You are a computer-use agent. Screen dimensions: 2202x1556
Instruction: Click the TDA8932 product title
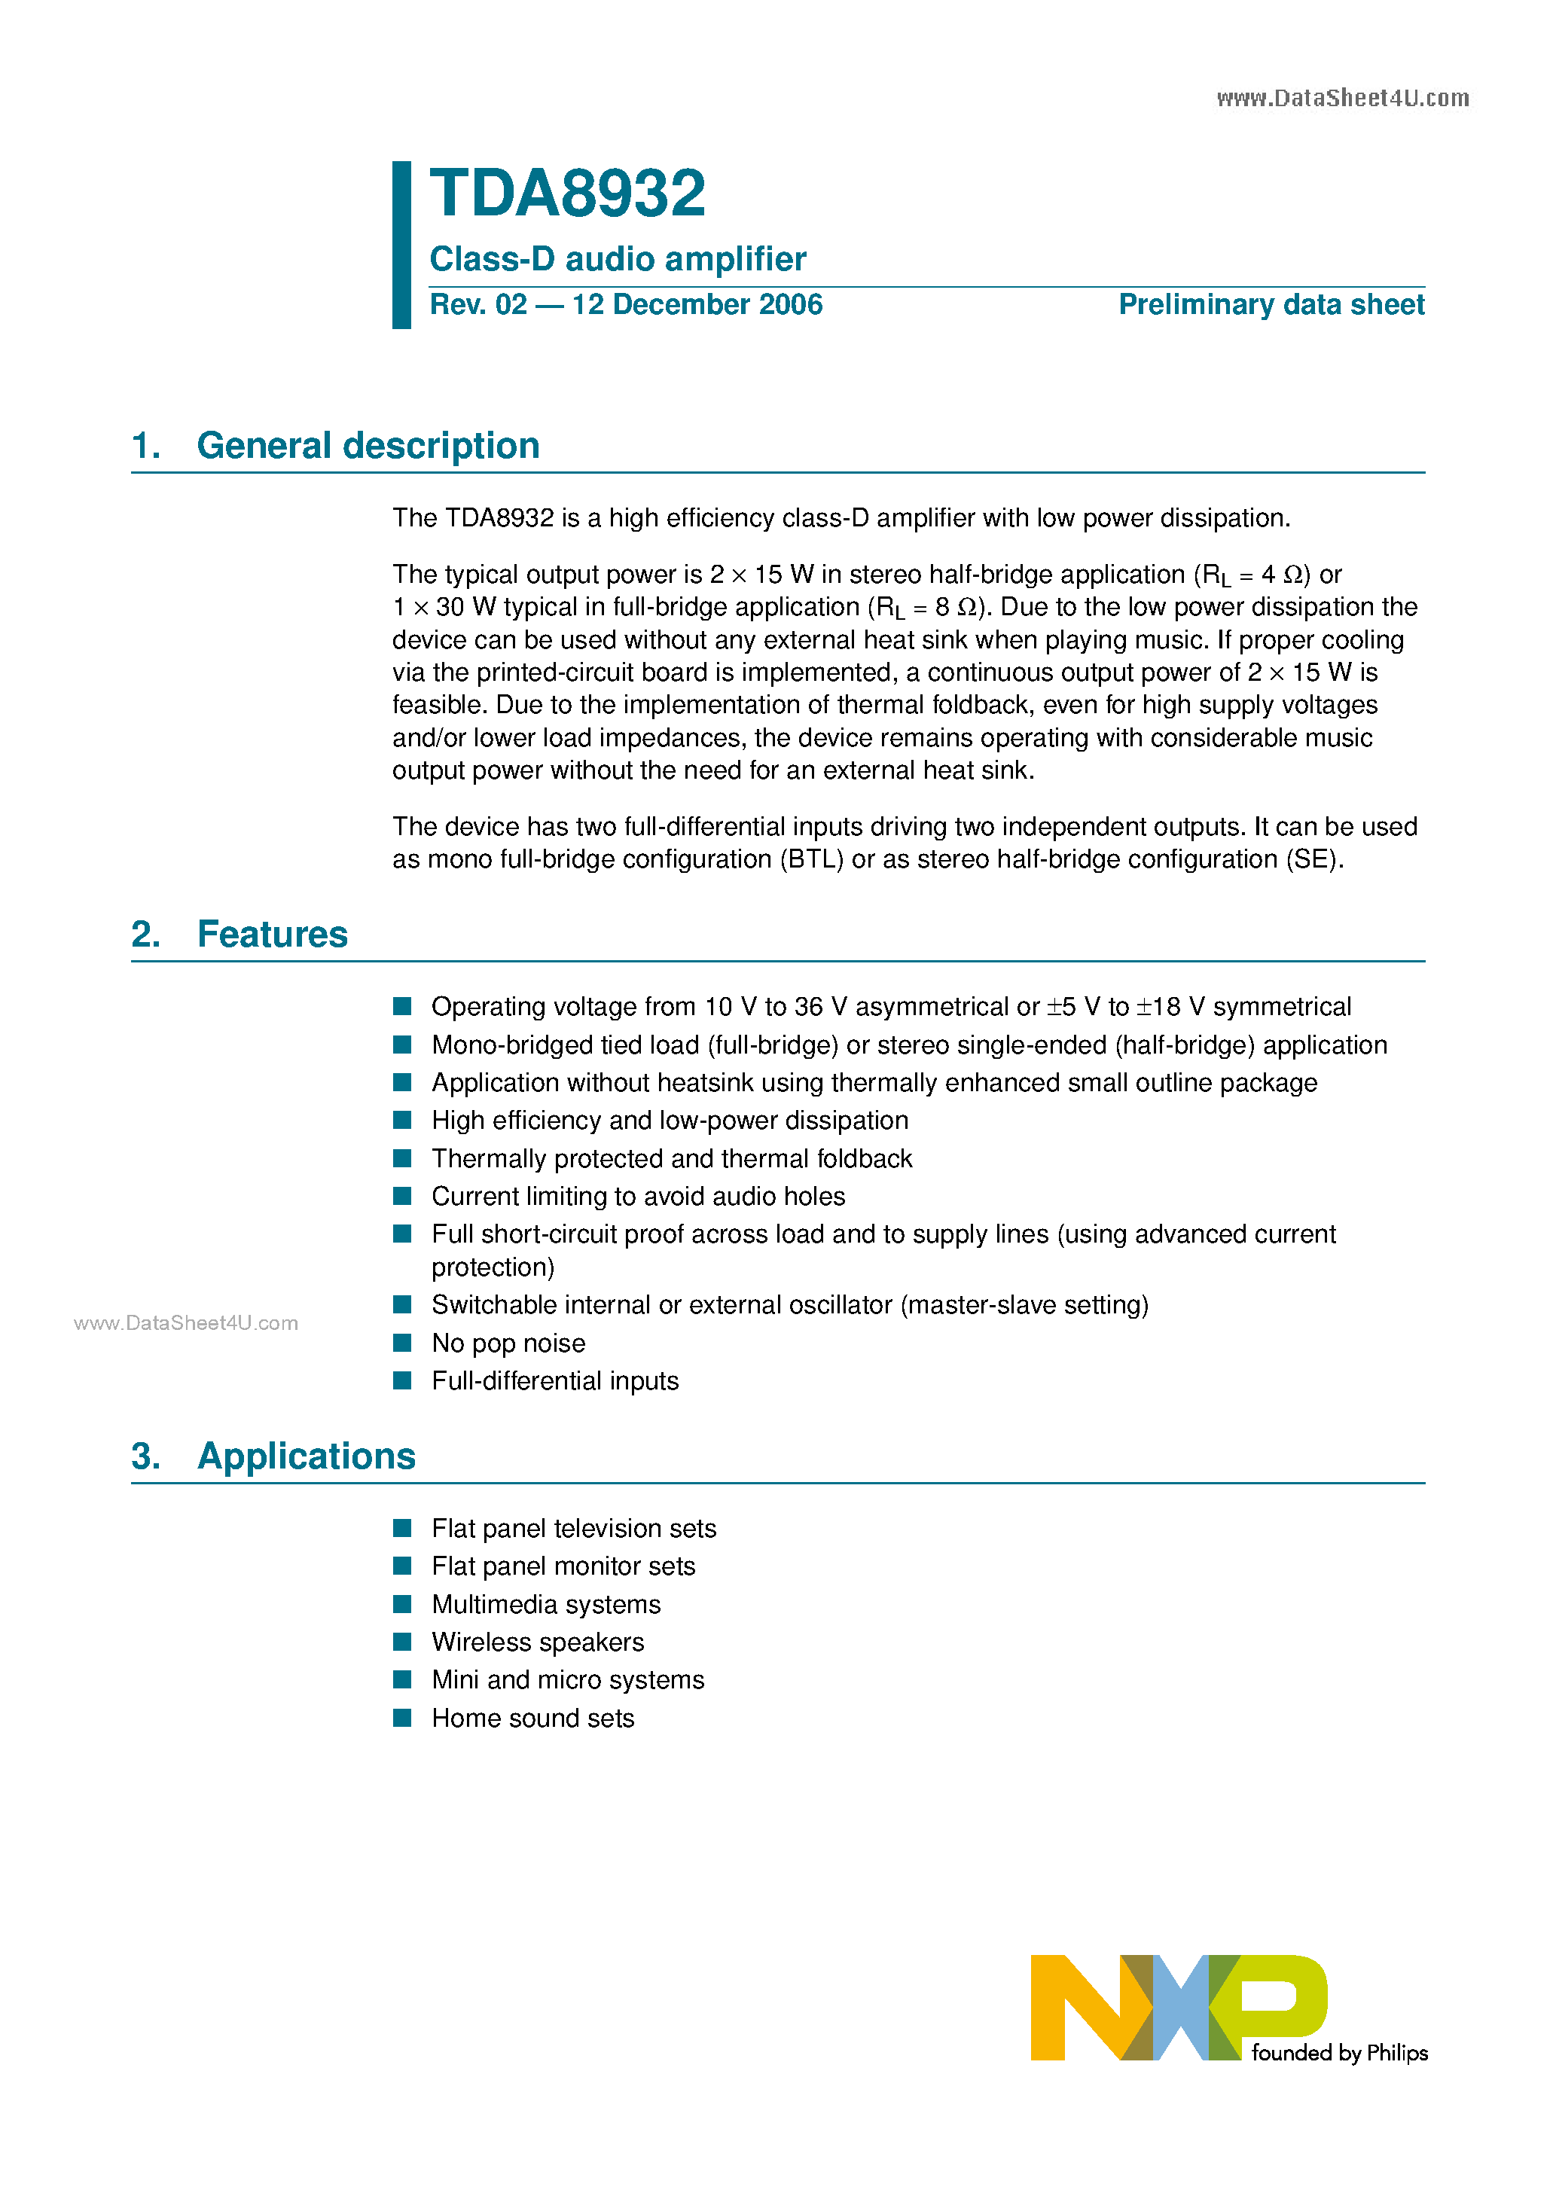click(x=567, y=195)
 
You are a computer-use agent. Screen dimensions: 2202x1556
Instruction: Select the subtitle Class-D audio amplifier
click(x=617, y=259)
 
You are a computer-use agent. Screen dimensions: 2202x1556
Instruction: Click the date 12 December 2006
click(x=697, y=305)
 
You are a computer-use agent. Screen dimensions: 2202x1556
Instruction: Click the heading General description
click(x=368, y=446)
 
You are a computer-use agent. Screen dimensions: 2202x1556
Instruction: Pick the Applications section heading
click(x=306, y=1456)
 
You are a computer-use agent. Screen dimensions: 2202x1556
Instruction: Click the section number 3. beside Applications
click(x=146, y=1456)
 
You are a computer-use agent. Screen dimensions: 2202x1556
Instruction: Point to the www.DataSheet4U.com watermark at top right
click(x=1342, y=99)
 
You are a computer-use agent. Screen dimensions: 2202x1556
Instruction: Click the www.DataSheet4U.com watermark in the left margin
click(x=186, y=1323)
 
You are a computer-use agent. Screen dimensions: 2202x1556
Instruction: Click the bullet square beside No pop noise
click(x=403, y=1343)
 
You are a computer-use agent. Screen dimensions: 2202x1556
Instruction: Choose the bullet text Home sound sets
click(x=532, y=1718)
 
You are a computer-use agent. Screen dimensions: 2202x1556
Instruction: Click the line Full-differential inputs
click(x=554, y=1381)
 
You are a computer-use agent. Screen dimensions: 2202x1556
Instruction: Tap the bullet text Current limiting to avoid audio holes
click(x=638, y=1197)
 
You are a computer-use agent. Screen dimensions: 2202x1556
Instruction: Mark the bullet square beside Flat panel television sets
click(x=403, y=1528)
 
